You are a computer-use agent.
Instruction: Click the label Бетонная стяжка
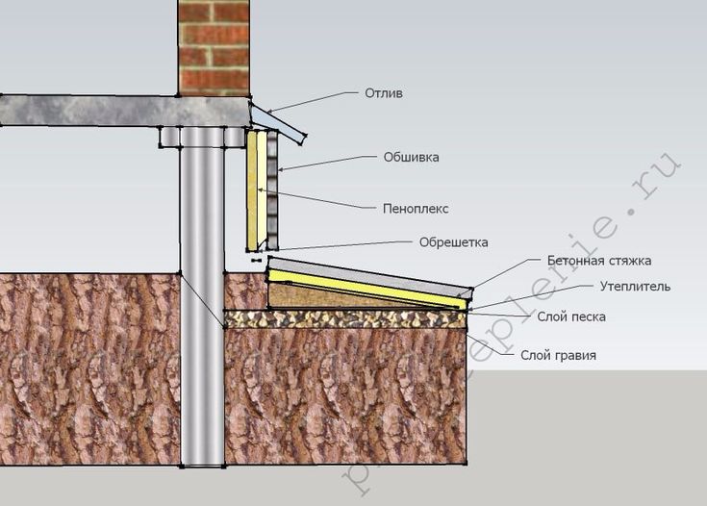[599, 261]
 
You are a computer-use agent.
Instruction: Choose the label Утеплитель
[635, 286]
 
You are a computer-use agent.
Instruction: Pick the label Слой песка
[565, 316]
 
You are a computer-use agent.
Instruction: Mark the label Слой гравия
[559, 355]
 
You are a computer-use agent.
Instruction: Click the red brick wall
[213, 47]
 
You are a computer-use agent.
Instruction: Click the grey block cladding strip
[273, 188]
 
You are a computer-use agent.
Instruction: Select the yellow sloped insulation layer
[366, 286]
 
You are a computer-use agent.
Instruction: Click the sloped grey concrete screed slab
[366, 270]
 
